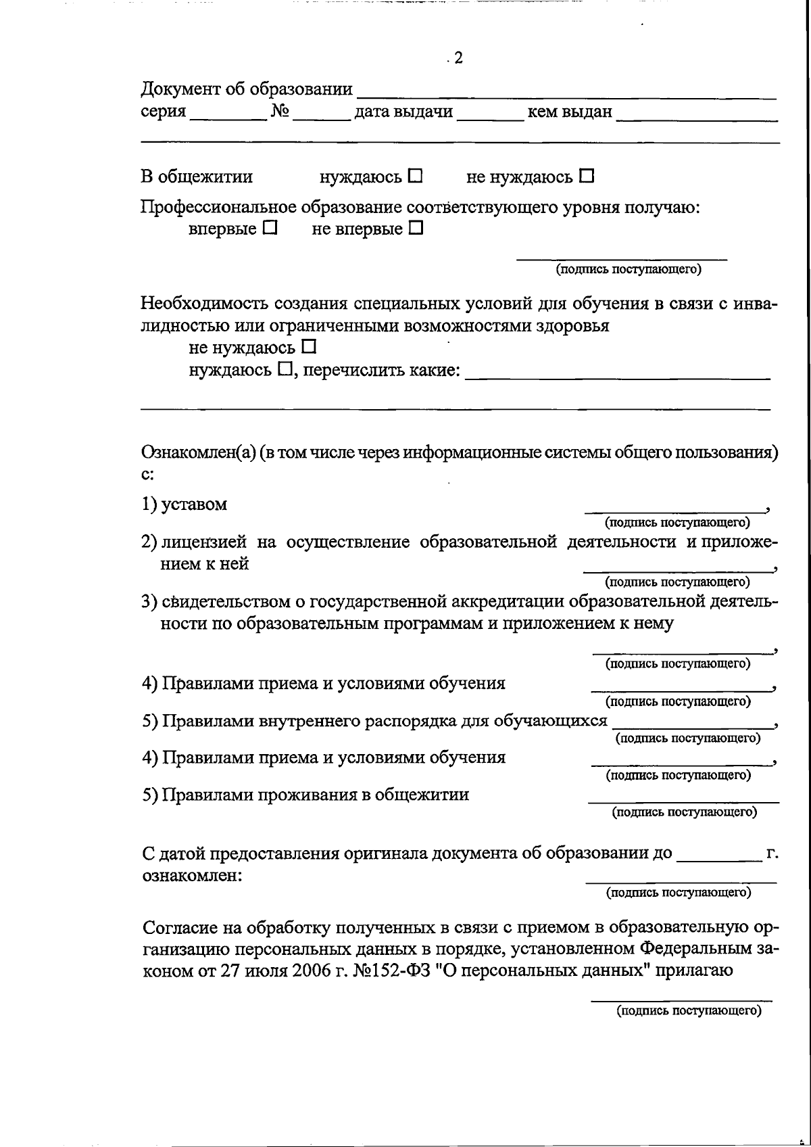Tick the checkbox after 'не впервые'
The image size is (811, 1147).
pos(416,229)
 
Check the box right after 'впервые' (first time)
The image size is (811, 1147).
pos(270,229)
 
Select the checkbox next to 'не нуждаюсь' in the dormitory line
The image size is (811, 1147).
pos(587,177)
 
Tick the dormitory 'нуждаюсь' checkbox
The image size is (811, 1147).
pos(415,177)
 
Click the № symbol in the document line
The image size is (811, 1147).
pos(280,112)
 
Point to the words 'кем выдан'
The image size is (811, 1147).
pos(569,112)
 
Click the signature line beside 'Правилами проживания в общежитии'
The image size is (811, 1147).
pos(683,800)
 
